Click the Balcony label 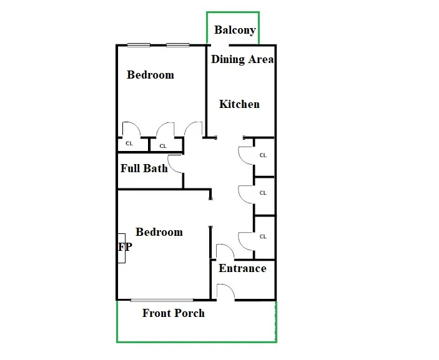click(x=235, y=30)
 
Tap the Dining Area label click(x=242, y=59)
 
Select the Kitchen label click(x=239, y=104)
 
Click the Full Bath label click(x=144, y=168)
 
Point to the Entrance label click(x=242, y=268)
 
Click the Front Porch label click(x=174, y=313)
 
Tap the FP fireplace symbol click(x=124, y=247)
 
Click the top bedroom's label click(x=150, y=75)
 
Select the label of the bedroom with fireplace click(x=159, y=232)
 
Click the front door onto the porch click(x=225, y=291)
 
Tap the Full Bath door click(x=175, y=163)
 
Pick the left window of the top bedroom click(x=138, y=45)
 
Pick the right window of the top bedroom click(x=178, y=45)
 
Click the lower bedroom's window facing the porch click(x=162, y=300)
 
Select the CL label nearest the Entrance click(x=263, y=236)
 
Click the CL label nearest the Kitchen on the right click(x=263, y=155)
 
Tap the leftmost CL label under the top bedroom click(x=129, y=144)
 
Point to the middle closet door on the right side click(x=245, y=193)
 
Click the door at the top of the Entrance click(x=224, y=252)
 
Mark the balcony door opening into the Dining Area click(x=220, y=45)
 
